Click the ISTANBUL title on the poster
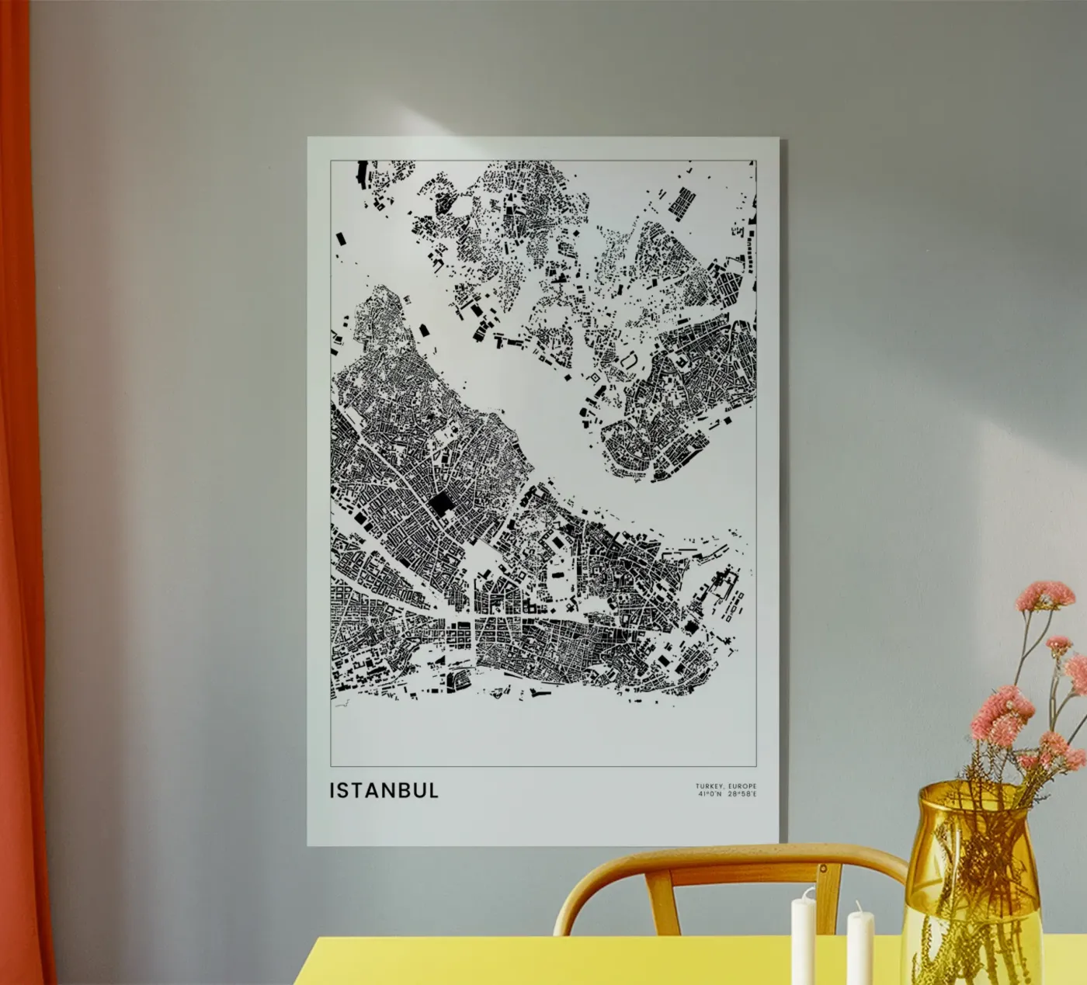pyautogui.click(x=384, y=790)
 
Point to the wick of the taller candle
pyautogui.click(x=802, y=891)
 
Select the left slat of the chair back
pyautogui.click(x=661, y=900)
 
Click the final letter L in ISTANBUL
pyautogui.click(x=434, y=790)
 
